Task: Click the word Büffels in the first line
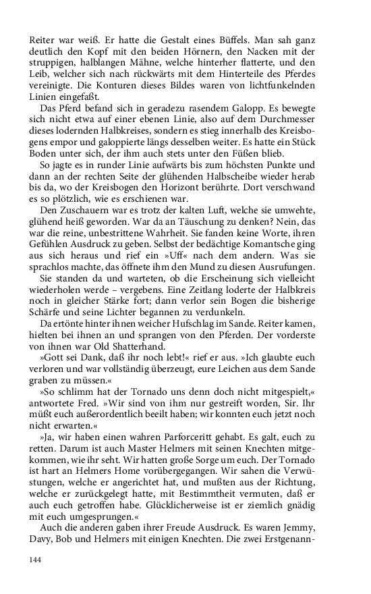pyautogui.click(x=222, y=32)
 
